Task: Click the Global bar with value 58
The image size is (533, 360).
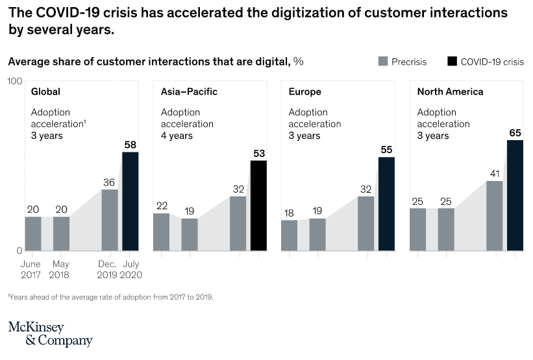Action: click(130, 201)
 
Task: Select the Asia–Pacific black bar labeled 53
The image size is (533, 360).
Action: click(258, 205)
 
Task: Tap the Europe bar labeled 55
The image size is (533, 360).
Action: click(386, 204)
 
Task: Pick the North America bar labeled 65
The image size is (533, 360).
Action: click(515, 195)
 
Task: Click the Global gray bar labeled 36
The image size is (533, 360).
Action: click(110, 220)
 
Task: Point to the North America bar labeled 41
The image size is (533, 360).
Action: click(494, 215)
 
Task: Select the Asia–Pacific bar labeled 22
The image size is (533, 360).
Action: click(161, 232)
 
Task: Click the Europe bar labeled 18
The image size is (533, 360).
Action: click(289, 235)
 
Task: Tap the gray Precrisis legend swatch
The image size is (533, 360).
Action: click(383, 62)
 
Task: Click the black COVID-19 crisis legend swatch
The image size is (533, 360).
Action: click(452, 62)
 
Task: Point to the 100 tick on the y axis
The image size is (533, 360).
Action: click(15, 80)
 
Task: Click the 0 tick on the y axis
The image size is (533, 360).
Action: click(19, 250)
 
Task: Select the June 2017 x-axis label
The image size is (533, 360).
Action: click(31, 269)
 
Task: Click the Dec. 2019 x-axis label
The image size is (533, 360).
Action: click(108, 269)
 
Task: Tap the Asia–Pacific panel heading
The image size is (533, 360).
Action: click(189, 91)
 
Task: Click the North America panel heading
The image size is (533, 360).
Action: click(450, 91)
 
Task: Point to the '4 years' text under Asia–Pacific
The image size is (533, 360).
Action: click(177, 136)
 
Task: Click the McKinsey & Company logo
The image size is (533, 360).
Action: click(50, 334)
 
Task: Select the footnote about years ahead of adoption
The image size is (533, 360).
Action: click(110, 297)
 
